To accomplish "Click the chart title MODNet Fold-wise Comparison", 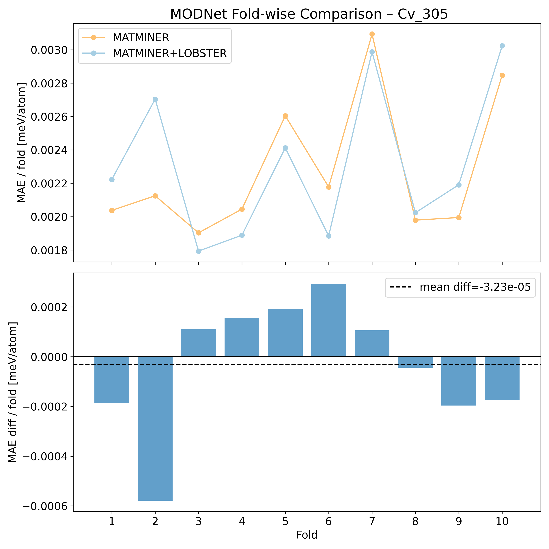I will coord(309,14).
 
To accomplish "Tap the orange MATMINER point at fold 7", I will coord(372,34).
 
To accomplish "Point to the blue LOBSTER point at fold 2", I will coord(155,99).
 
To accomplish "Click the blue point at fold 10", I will coord(502,46).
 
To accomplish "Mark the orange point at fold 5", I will coord(285,116).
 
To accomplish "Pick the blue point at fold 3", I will coord(199,251).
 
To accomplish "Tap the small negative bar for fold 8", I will coord(415,362).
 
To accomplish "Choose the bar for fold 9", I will coord(459,381).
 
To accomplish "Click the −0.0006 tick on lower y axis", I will coord(45,506).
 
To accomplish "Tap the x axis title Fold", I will coord(307,535).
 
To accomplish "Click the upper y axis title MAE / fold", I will coord(22,143).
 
